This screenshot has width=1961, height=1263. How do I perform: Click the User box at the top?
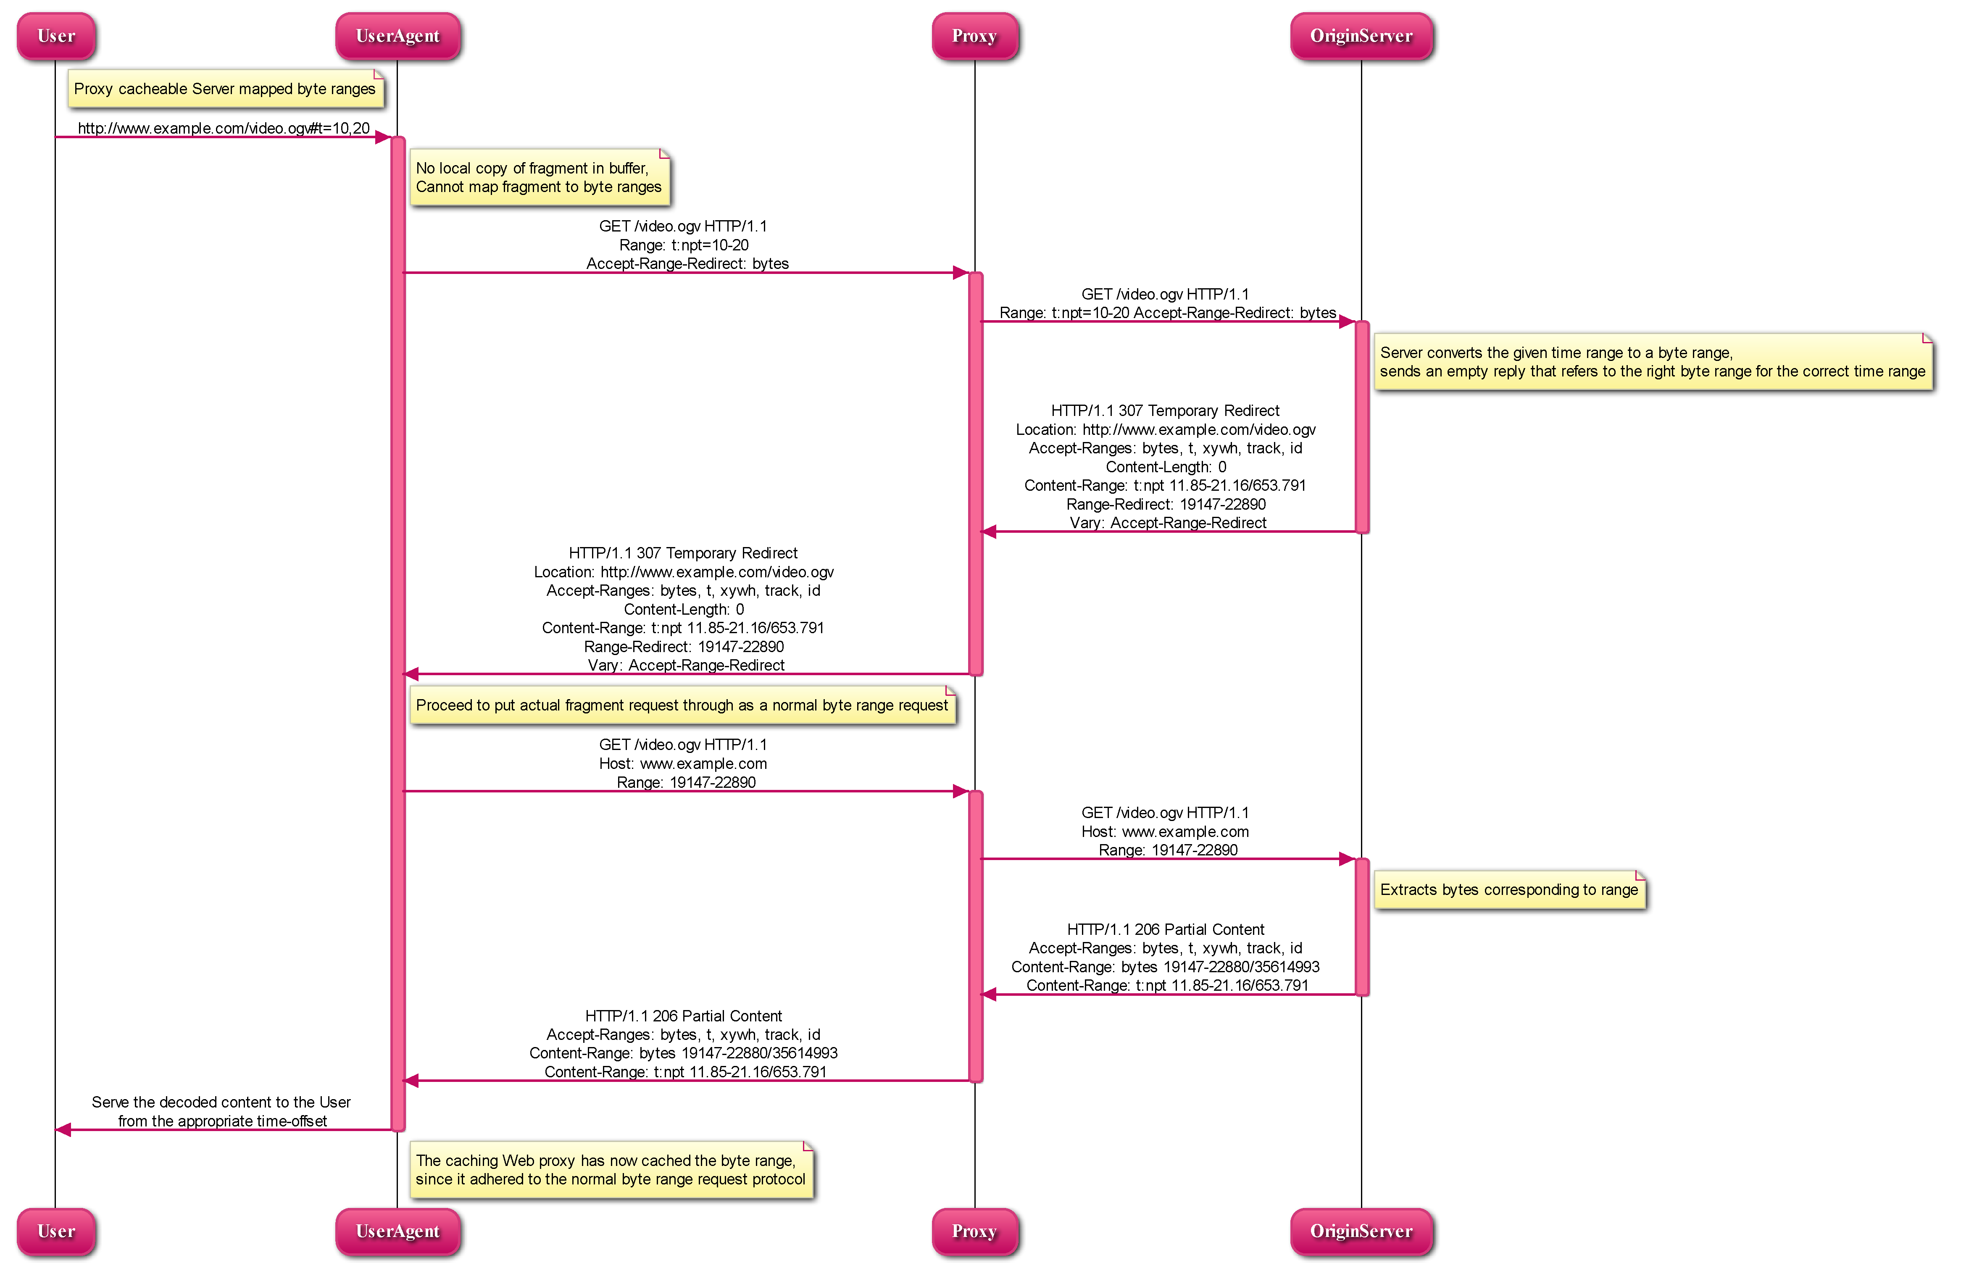pos(56,36)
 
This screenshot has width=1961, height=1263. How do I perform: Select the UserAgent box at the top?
pos(398,36)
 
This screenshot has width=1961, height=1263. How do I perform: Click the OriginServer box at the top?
pos(1361,36)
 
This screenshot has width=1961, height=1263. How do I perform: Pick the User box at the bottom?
pos(56,1231)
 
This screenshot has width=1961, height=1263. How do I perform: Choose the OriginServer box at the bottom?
pos(1361,1231)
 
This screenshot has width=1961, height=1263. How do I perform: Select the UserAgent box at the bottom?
pos(398,1231)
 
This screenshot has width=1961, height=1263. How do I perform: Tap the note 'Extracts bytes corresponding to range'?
pos(1510,890)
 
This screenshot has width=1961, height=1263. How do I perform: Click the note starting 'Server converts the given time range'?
pos(1653,362)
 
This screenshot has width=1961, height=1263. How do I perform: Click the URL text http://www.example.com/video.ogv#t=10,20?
pos(224,128)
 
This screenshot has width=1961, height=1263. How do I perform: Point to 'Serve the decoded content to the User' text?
pos(221,1102)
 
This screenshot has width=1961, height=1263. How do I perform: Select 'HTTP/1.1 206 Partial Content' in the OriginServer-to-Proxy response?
pos(1166,929)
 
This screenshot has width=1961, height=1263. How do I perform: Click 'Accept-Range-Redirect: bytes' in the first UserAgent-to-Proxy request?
pos(687,263)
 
